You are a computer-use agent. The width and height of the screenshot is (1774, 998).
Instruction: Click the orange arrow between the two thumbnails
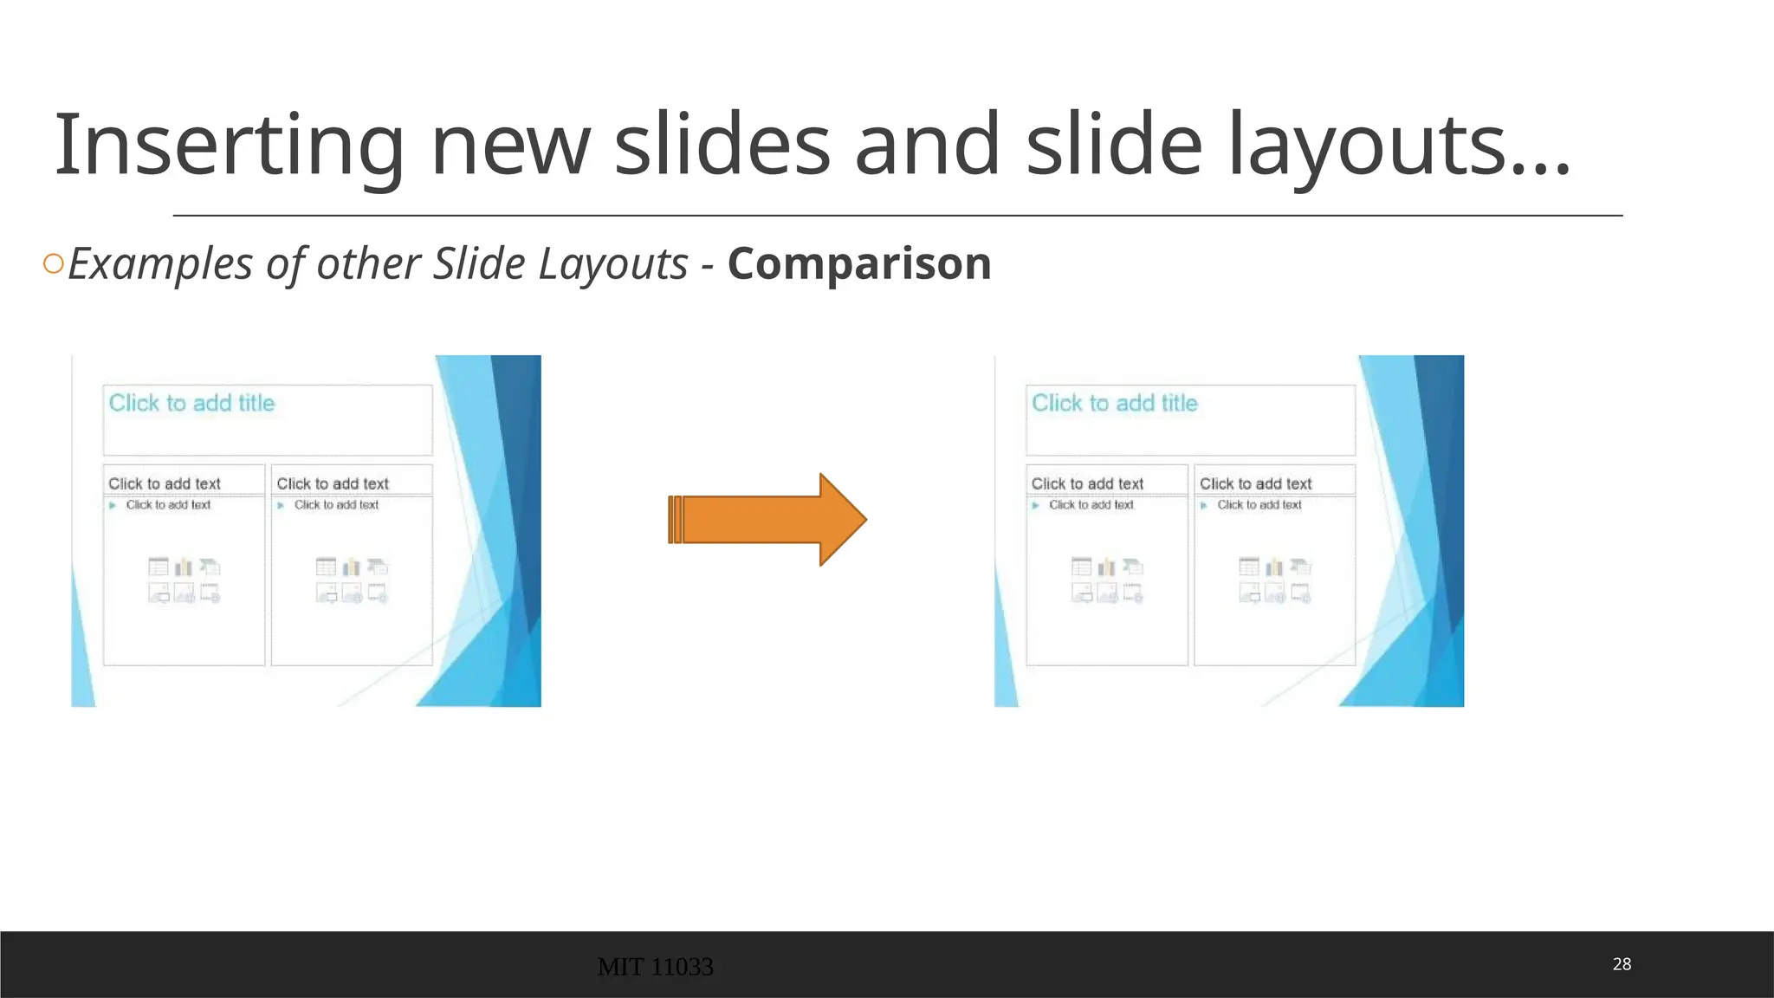[767, 520]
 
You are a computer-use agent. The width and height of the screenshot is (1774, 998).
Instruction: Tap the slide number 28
[1622, 964]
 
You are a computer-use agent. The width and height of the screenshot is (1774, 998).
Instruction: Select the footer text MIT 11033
[655, 967]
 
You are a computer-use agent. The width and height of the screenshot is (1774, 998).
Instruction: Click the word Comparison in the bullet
[859, 263]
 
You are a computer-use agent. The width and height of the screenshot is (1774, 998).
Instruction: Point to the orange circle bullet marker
[54, 263]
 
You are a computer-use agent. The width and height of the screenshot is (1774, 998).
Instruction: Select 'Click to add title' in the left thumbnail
[191, 403]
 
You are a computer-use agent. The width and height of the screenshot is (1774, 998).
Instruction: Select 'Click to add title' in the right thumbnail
[1114, 403]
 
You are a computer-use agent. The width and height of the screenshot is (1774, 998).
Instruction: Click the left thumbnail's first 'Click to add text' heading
[165, 483]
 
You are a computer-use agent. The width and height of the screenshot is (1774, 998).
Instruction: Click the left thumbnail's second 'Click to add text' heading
[333, 483]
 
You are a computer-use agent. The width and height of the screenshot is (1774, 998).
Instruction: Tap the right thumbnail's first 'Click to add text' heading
[1087, 483]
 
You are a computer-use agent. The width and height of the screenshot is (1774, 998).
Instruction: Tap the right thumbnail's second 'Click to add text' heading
[1255, 483]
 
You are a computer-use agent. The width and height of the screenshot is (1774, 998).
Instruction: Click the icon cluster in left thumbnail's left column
[184, 580]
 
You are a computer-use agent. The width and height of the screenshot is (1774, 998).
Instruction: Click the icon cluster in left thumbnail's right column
[352, 580]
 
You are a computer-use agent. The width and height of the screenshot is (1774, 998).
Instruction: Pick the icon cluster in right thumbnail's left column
[1107, 580]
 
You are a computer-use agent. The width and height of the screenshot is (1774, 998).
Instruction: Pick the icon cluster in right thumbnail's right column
[1275, 580]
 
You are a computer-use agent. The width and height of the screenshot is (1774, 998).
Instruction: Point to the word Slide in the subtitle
[479, 263]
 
